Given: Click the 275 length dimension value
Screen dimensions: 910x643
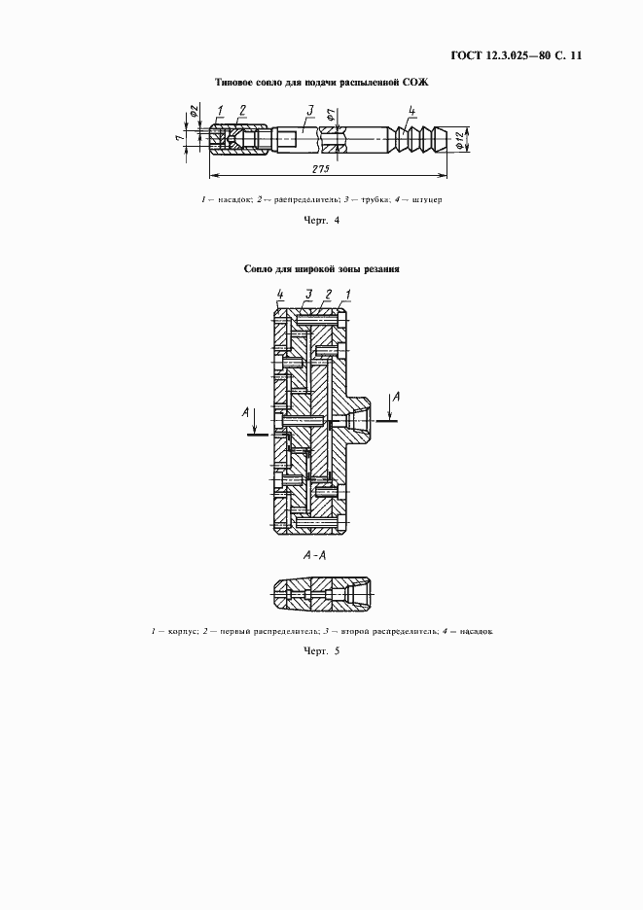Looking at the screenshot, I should click(x=322, y=169).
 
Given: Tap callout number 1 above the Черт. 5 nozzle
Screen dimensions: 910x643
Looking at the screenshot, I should click(x=347, y=294).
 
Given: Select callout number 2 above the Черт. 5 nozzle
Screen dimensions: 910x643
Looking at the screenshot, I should click(x=328, y=294).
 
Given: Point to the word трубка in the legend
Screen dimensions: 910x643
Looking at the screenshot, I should click(x=371, y=199).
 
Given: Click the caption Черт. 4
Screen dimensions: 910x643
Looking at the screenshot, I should click(x=322, y=221).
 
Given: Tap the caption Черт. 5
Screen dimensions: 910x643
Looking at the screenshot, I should click(x=322, y=650).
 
